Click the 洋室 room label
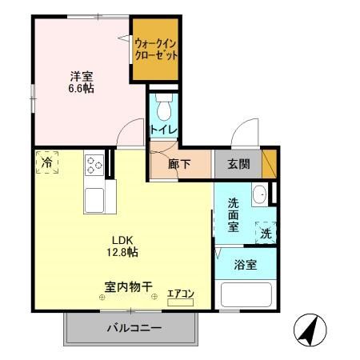coord(81,76)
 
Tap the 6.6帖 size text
coord(81,89)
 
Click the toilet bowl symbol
coord(164,106)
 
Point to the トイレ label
coord(164,129)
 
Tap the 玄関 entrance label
coord(238,166)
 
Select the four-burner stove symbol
coord(94,165)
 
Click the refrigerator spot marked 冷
coord(47,162)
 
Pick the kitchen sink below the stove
coord(94,198)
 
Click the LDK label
coord(122,239)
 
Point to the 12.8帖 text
coord(122,252)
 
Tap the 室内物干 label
coord(128,285)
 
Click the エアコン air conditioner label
coord(181,294)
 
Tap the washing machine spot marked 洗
coord(264,233)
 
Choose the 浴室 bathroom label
coord(246,265)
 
